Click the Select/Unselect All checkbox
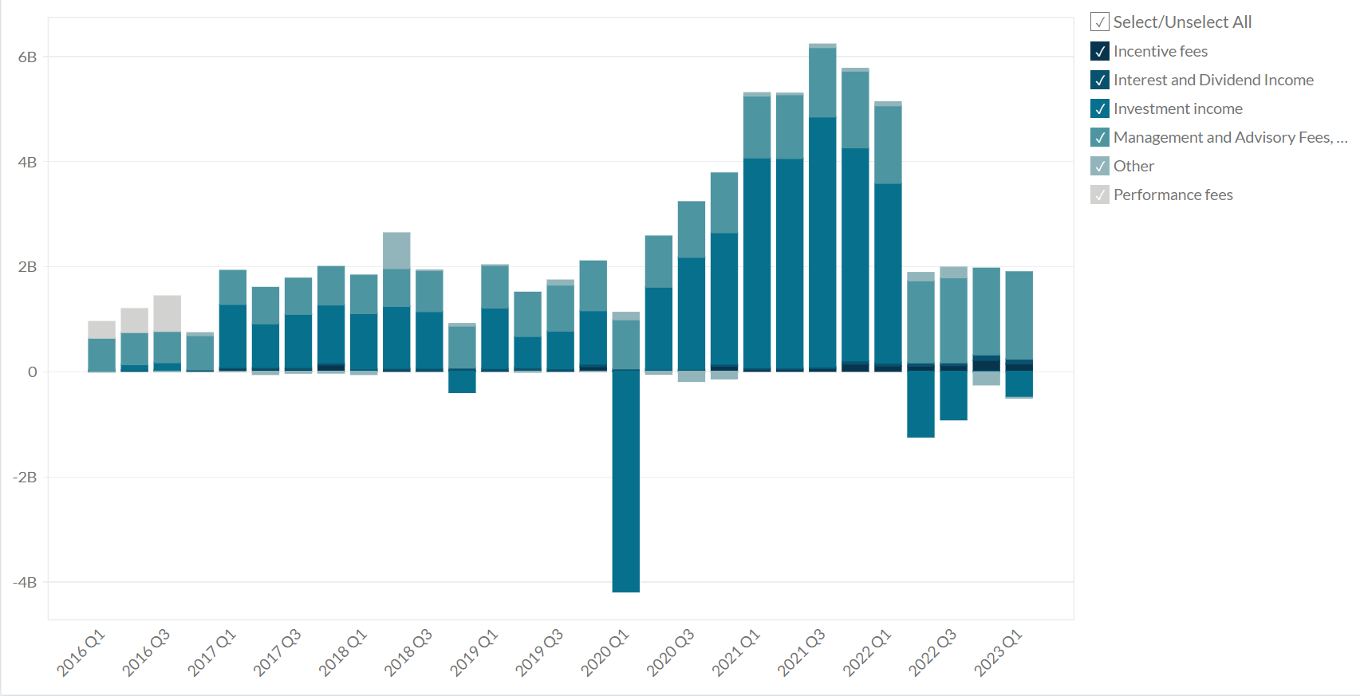pyautogui.click(x=1100, y=22)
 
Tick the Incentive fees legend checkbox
pyautogui.click(x=1100, y=51)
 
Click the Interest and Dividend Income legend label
pyautogui.click(x=1212, y=80)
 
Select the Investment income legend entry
pyautogui.click(x=1177, y=108)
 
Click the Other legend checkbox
pyautogui.click(x=1100, y=166)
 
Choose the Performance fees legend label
pyautogui.click(x=1173, y=195)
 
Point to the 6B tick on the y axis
pyautogui.click(x=27, y=57)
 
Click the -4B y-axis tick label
pyautogui.click(x=25, y=582)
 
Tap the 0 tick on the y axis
pyautogui.click(x=32, y=372)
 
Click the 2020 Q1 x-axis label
pyautogui.click(x=605, y=653)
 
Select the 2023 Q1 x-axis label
pyautogui.click(x=998, y=653)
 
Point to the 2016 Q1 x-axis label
pyautogui.click(x=81, y=653)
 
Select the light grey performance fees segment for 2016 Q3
pyautogui.click(x=168, y=313)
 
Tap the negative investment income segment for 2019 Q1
pyautogui.click(x=462, y=382)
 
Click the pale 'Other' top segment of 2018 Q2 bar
pyautogui.click(x=396, y=250)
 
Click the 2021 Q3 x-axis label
pyautogui.click(x=802, y=653)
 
